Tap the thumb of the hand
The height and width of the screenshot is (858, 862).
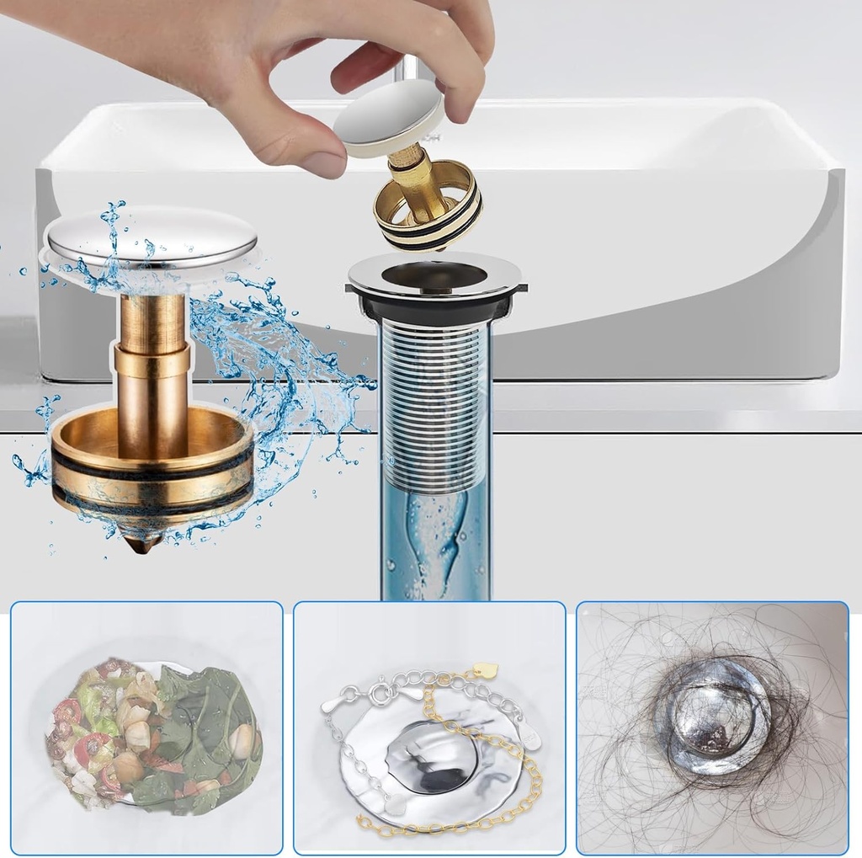[295, 151]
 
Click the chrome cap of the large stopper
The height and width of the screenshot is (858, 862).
[152, 235]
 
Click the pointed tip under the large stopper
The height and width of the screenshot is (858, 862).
[141, 543]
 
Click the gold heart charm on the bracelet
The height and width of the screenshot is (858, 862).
[485, 671]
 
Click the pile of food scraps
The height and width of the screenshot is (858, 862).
[152, 733]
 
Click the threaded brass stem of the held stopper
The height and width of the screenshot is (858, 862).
[412, 178]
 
